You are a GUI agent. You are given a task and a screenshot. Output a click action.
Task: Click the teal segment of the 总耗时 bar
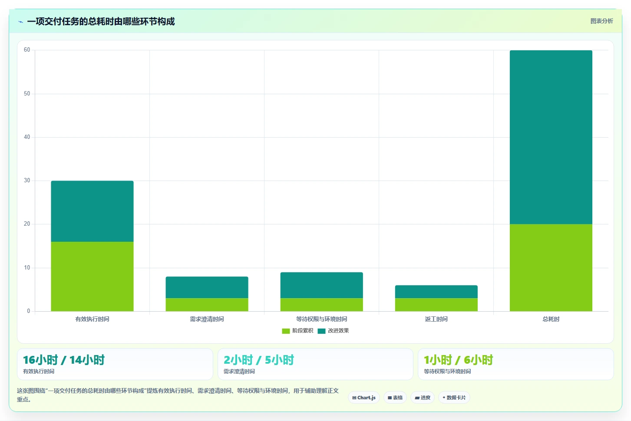pyautogui.click(x=551, y=137)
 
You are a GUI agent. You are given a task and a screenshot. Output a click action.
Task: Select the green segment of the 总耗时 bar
pyautogui.click(x=551, y=267)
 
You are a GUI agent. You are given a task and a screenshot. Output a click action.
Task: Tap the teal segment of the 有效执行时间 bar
pyautogui.click(x=92, y=211)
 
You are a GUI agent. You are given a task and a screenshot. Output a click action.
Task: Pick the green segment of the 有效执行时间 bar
pyautogui.click(x=92, y=276)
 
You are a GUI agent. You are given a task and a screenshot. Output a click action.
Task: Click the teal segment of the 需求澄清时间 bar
pyautogui.click(x=207, y=287)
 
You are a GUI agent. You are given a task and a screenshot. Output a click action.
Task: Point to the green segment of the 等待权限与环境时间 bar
pyautogui.click(x=321, y=305)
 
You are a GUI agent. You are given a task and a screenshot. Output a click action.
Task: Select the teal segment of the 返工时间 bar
pyautogui.click(x=436, y=292)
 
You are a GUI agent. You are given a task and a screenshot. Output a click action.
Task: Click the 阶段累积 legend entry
pyautogui.click(x=297, y=331)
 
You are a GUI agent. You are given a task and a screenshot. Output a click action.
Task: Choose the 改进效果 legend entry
pyautogui.click(x=333, y=331)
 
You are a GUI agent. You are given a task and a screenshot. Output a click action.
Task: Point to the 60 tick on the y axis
pyautogui.click(x=27, y=50)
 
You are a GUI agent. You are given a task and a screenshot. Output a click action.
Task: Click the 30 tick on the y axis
pyautogui.click(x=27, y=181)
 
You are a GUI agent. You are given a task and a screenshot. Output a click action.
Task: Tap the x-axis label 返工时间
pyautogui.click(x=436, y=319)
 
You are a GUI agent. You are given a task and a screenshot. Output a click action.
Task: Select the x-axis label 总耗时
pyautogui.click(x=551, y=319)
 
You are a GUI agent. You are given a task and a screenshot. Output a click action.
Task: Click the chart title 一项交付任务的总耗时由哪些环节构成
pyautogui.click(x=101, y=21)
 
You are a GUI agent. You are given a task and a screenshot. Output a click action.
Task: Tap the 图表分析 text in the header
pyautogui.click(x=602, y=21)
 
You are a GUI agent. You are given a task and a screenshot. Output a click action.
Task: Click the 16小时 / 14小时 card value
pyautogui.click(x=64, y=360)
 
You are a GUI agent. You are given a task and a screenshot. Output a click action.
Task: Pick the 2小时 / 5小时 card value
pyautogui.click(x=258, y=360)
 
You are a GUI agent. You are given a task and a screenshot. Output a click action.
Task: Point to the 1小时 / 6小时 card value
pyautogui.click(x=458, y=360)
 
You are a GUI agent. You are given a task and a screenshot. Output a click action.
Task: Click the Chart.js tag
pyautogui.click(x=363, y=398)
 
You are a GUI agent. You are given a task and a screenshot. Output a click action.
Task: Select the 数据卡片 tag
pyautogui.click(x=454, y=398)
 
